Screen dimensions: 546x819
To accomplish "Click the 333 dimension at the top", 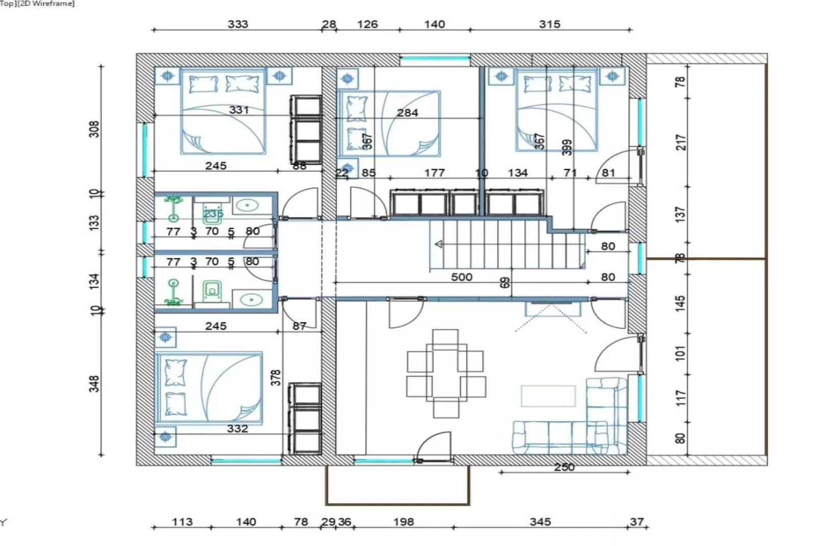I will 238,24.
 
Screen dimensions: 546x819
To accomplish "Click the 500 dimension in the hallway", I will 462,277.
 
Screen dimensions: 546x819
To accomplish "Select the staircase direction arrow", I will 438,244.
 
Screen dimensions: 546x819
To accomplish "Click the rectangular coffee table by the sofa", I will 548,396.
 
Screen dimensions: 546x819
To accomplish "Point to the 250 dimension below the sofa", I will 564,467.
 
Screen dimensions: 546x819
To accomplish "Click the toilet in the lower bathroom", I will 212,290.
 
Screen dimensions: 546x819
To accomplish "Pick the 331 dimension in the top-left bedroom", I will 239,110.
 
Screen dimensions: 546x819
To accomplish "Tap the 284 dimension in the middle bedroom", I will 407,113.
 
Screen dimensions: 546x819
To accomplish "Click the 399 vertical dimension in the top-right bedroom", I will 567,147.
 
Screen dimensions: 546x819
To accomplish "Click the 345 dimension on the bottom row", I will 540,522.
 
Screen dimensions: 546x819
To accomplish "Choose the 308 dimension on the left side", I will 94,129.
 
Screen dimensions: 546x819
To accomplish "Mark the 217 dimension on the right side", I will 681,142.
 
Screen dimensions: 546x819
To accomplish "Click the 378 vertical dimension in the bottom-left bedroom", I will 275,378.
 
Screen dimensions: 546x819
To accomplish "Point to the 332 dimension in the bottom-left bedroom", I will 238,429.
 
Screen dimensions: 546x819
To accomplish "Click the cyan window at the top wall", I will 434,58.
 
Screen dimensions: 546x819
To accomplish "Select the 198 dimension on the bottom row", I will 403,522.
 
